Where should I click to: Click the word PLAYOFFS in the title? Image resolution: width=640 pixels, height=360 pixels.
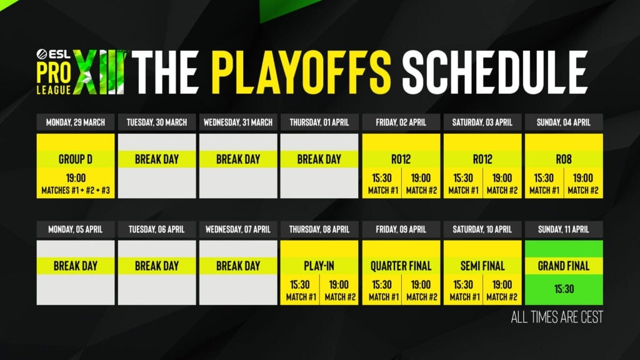301,72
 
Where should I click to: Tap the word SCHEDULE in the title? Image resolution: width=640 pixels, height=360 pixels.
495,72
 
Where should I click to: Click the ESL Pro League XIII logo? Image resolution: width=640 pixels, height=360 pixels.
81,72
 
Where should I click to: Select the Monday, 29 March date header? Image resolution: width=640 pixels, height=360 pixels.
76,122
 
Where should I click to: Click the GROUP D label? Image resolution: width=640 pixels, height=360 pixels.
76,159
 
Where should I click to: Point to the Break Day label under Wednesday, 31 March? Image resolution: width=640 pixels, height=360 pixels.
238,159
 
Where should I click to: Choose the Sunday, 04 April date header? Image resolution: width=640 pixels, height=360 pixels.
564,122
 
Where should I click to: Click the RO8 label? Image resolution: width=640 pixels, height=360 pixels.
564,159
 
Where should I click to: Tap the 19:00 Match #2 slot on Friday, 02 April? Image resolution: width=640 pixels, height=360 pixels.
421,184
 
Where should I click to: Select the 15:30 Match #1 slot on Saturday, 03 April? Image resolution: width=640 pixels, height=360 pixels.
463,184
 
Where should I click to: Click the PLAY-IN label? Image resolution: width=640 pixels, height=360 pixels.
319,266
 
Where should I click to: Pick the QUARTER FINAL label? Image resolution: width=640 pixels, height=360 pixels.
401,266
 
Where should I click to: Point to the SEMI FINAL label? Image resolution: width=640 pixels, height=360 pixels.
482,266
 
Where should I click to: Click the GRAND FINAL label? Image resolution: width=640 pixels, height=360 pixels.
564,266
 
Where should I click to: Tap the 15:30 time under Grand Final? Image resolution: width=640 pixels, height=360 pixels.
564,289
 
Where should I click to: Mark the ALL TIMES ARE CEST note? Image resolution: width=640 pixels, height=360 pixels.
557,317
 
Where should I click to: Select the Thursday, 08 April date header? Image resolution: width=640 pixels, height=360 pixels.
319,229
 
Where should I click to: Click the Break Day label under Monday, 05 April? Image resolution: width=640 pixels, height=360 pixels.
76,266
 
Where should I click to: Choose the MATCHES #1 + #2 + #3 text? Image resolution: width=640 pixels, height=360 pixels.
76,190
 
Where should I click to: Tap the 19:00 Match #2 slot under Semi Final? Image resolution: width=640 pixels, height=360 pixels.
502,291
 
